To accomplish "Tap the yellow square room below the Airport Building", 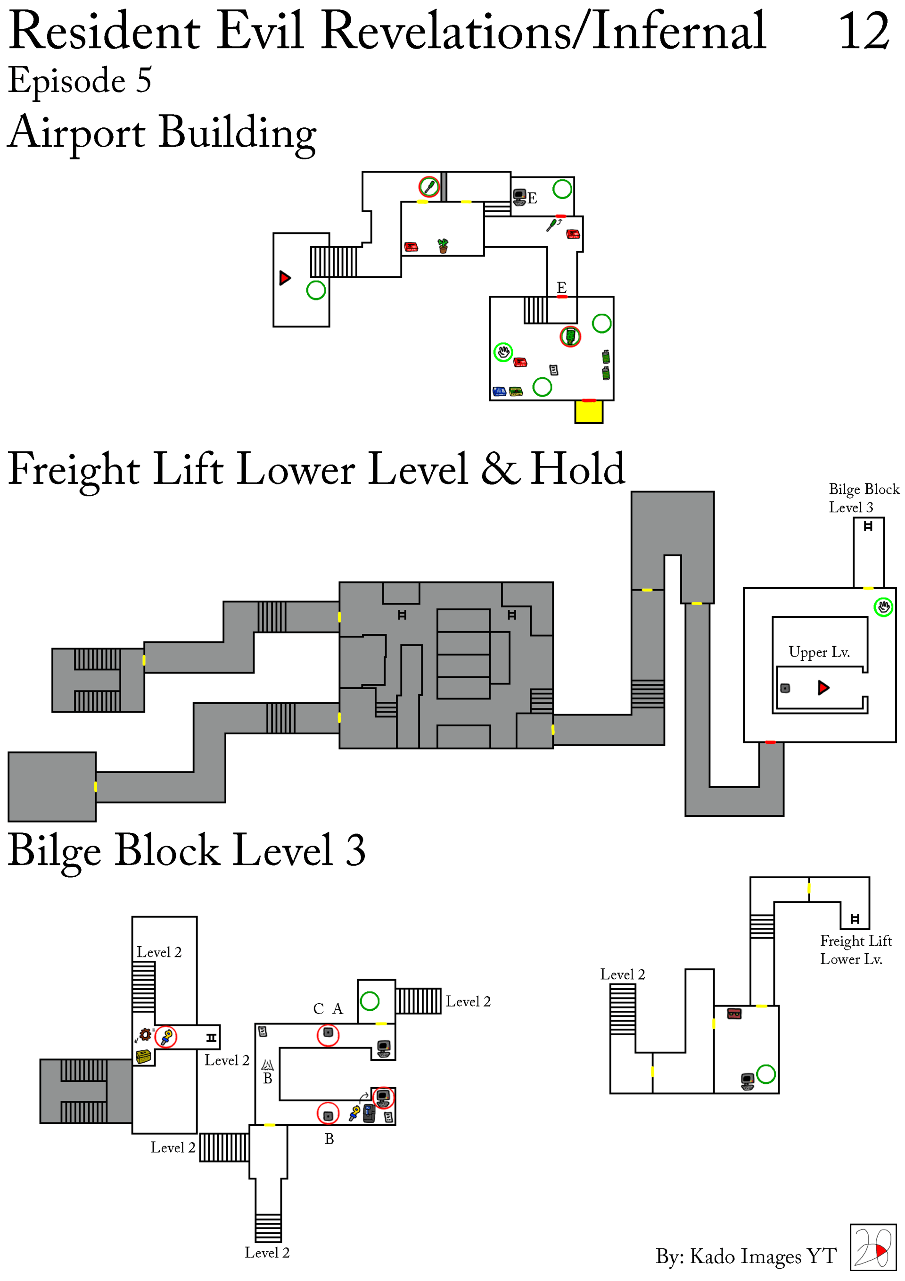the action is pyautogui.click(x=589, y=412).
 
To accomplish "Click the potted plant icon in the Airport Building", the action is pyautogui.click(x=443, y=245).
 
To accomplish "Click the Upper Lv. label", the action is pyautogui.click(x=819, y=652).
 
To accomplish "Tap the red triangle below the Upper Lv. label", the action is pyautogui.click(x=823, y=687).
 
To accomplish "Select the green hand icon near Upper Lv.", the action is pyautogui.click(x=883, y=607).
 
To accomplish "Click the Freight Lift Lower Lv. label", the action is pyautogui.click(x=856, y=949).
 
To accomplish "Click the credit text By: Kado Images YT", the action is pyautogui.click(x=746, y=1256).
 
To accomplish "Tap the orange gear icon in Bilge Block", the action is pyautogui.click(x=145, y=1034).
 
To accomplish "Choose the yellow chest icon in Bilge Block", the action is pyautogui.click(x=143, y=1056).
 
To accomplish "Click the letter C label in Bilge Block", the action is pyautogui.click(x=318, y=1009).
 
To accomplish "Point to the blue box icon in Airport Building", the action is pyautogui.click(x=499, y=391).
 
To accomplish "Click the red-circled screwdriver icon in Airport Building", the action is pyautogui.click(x=429, y=187).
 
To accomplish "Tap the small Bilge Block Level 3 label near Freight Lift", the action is pyautogui.click(x=864, y=498).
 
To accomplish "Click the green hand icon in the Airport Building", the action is pyautogui.click(x=503, y=352).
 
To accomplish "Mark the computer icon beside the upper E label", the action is pyautogui.click(x=519, y=198).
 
